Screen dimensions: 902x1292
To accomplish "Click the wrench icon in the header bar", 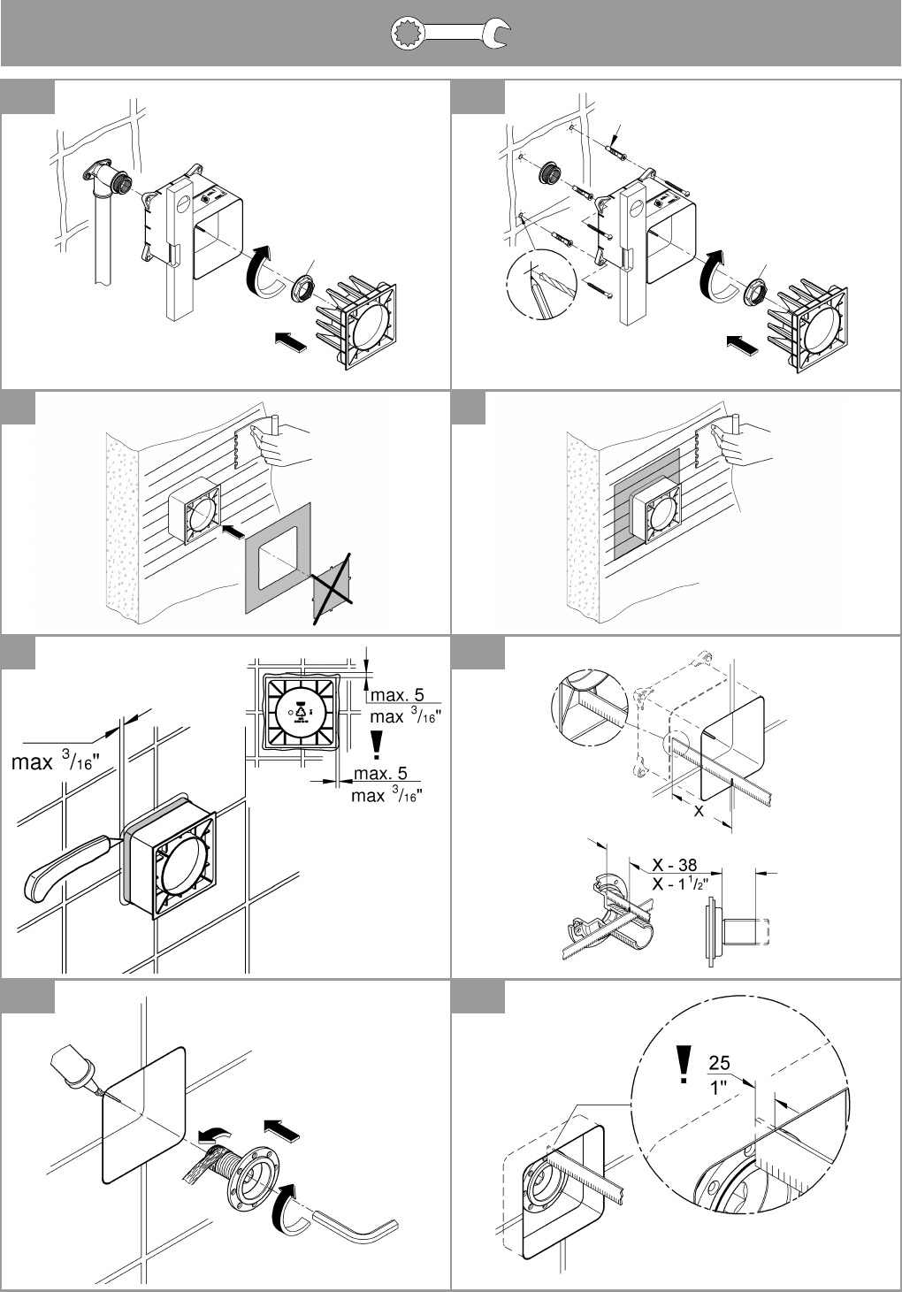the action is pyautogui.click(x=450, y=34).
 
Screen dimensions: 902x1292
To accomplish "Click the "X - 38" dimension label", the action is pyautogui.click(x=674, y=865).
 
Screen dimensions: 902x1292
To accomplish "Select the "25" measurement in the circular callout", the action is pyautogui.click(x=719, y=1062).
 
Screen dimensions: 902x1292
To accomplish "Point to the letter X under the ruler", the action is pyautogui.click(x=699, y=811).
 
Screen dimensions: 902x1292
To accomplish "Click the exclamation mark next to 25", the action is pyautogui.click(x=684, y=1066).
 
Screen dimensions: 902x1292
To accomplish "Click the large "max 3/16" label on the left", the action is pyautogui.click(x=56, y=762).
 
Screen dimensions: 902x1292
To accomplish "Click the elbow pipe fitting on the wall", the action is pyautogui.click(x=107, y=179).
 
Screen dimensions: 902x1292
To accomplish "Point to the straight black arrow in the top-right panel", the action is pyautogui.click(x=742, y=346).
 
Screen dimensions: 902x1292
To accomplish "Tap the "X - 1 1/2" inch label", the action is pyautogui.click(x=680, y=883).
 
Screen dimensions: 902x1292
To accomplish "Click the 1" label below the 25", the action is pyautogui.click(x=718, y=1088).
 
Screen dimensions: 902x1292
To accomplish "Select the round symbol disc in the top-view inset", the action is pyautogui.click(x=299, y=712).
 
